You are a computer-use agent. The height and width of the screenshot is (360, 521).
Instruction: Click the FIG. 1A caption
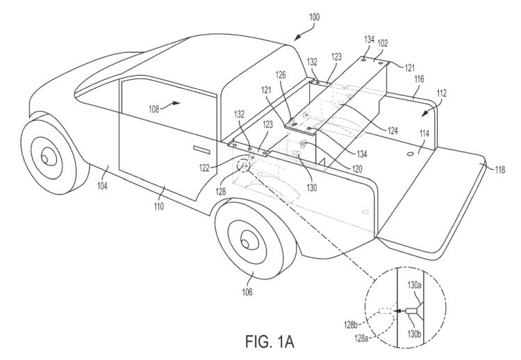coord(270,341)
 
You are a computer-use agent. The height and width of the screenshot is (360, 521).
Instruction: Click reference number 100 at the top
coord(314,17)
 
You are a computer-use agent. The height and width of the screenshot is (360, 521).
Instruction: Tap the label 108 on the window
coord(154,108)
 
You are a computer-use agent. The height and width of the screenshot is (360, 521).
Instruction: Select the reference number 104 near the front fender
coord(102,186)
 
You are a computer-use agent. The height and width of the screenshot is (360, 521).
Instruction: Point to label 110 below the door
coord(159,206)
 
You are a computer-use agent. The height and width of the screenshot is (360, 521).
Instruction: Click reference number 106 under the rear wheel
coord(247,292)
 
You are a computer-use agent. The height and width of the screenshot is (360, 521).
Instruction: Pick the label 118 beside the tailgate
coord(499,170)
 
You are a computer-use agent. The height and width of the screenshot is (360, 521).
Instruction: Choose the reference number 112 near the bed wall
coord(442,93)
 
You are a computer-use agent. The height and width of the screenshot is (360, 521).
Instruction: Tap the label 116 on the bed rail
coord(419,79)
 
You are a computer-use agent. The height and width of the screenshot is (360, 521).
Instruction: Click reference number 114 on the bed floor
coord(424,133)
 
